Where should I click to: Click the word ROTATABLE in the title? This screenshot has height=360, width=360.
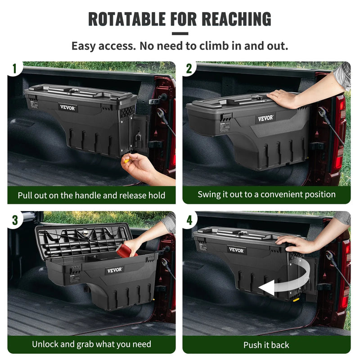tap(127, 19)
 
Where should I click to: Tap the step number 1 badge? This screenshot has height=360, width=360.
tap(15, 69)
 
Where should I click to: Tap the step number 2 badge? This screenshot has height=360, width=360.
tap(189, 69)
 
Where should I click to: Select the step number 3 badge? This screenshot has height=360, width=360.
tap(15, 220)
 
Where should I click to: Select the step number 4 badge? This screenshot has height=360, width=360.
tap(189, 220)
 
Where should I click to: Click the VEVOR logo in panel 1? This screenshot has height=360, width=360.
tap(68, 108)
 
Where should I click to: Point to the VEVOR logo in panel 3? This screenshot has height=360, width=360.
tap(114, 270)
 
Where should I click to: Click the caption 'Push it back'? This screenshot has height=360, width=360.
tap(266, 345)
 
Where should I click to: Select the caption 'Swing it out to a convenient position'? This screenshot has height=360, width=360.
tap(266, 194)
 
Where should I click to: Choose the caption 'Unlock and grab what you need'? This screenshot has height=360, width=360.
tap(91, 345)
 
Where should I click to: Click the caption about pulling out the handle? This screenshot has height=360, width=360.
tap(91, 195)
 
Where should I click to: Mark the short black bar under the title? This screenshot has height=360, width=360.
tap(180, 33)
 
